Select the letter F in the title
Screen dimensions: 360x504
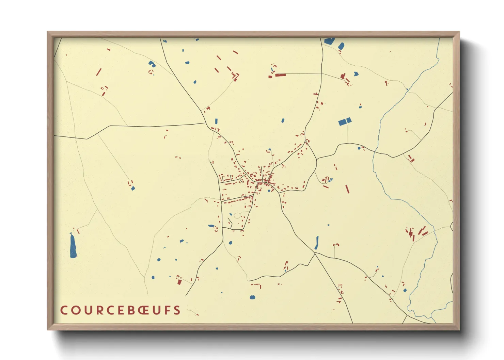168,310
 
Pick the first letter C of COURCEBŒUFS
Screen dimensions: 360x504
64,310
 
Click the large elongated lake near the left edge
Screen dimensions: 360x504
73,246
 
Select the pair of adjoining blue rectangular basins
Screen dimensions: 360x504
345,121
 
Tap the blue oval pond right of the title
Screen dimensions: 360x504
252,297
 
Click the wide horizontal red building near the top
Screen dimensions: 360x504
280,75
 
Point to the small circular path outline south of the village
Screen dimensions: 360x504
237,215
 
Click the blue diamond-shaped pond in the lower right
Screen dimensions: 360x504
405,290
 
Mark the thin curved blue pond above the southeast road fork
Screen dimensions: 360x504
317,242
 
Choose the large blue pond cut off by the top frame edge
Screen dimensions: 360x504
329,41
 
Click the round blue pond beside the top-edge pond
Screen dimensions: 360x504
341,46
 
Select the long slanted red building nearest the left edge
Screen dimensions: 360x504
99,72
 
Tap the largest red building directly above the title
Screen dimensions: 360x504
179,281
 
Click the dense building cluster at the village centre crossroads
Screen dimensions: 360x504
264,180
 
